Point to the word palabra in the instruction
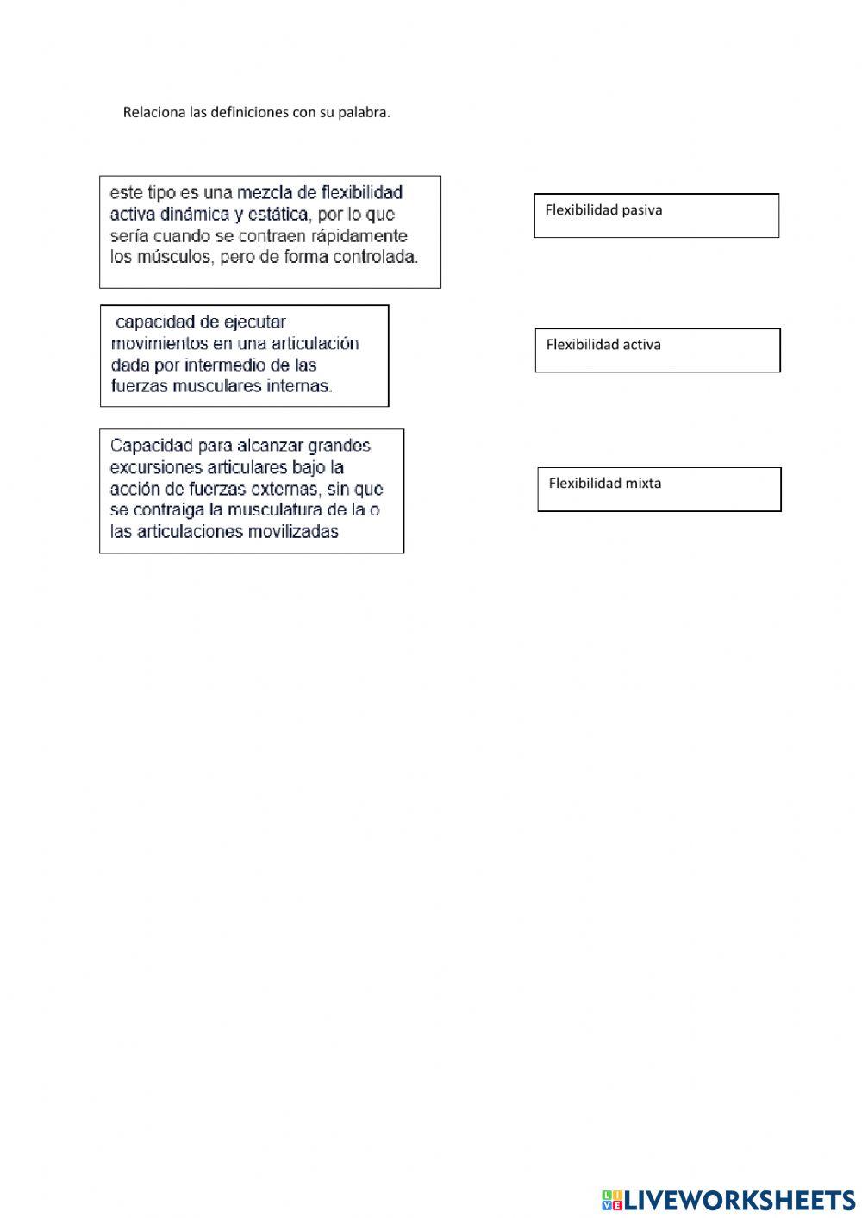click(363, 112)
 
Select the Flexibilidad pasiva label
click(603, 210)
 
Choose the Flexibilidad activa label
click(603, 345)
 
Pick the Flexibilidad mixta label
click(605, 484)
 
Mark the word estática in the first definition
click(273, 214)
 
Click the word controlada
click(376, 257)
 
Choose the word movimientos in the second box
click(159, 344)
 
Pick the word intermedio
click(224, 365)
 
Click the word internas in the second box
click(299, 386)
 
